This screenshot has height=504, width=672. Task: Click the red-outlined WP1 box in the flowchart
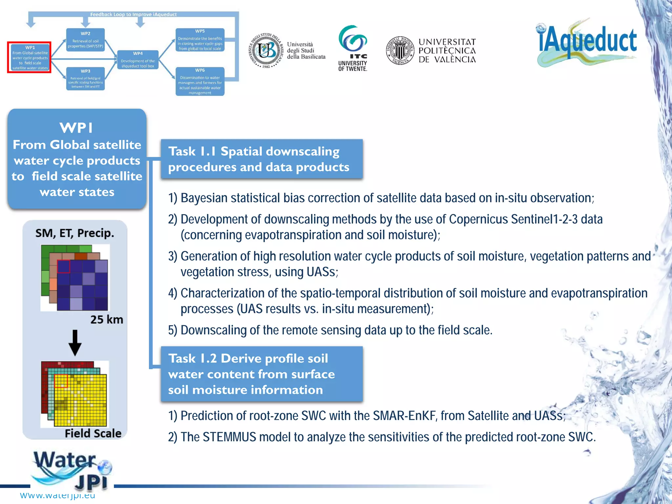pyautogui.click(x=30, y=57)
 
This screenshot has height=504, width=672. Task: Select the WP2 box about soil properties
pyautogui.click(x=85, y=40)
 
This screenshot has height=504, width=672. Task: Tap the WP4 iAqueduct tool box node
pyautogui.click(x=138, y=60)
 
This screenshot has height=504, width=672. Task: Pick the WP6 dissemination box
pyautogui.click(x=200, y=81)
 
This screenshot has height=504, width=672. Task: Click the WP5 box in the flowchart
pyautogui.click(x=200, y=40)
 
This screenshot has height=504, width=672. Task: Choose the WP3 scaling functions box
pyautogui.click(x=85, y=79)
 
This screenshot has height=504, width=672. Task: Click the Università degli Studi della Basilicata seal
pyautogui.click(x=266, y=51)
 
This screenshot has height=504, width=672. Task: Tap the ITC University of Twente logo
pyautogui.click(x=353, y=48)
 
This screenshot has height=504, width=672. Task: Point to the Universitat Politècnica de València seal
pyautogui.click(x=400, y=51)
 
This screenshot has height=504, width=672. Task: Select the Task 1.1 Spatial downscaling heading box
pyautogui.click(x=262, y=159)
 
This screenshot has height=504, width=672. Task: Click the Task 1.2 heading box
pyautogui.click(x=262, y=374)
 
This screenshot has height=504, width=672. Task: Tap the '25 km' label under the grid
pyautogui.click(x=107, y=320)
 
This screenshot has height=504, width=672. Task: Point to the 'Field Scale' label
pyautogui.click(x=93, y=433)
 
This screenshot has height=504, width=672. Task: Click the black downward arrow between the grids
pyautogui.click(x=75, y=343)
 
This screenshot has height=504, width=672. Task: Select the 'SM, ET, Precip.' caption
pyautogui.click(x=75, y=233)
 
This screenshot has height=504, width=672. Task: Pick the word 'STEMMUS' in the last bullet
pyautogui.click(x=229, y=437)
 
